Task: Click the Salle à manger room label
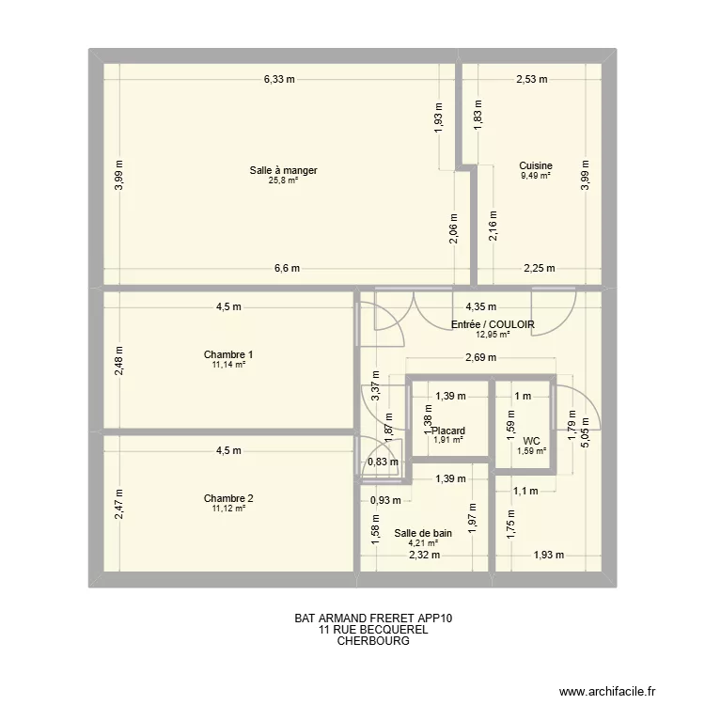point(283,170)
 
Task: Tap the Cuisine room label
point(536,165)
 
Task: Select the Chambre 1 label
point(228,354)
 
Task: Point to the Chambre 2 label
point(228,498)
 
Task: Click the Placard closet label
point(448,431)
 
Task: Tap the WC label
point(531,440)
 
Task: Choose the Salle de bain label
point(430,533)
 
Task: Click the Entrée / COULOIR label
point(493,324)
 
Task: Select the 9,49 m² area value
point(536,175)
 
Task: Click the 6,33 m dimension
point(279,80)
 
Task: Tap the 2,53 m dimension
point(531,80)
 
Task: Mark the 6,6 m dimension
point(287,268)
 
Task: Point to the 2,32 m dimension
point(424,555)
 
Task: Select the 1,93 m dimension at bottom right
point(548,555)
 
